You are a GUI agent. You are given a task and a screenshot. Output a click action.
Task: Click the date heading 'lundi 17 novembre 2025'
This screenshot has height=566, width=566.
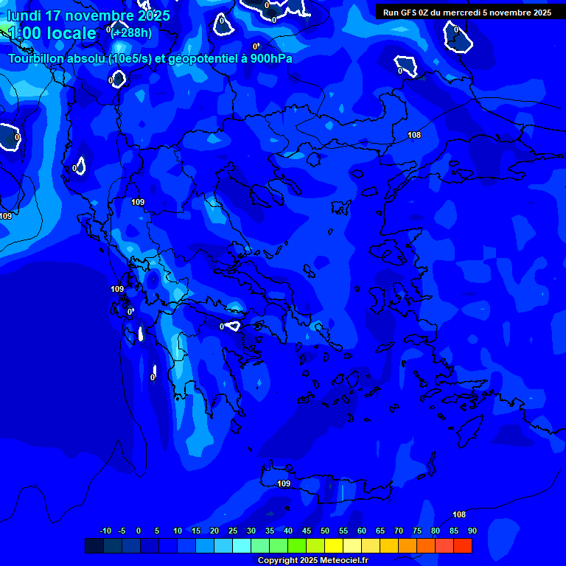pos(88,15)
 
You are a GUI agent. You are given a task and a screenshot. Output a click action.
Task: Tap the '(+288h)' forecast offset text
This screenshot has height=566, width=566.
pos(132,32)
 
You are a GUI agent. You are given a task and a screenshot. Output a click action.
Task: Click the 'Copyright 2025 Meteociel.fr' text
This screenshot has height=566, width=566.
pos(312,561)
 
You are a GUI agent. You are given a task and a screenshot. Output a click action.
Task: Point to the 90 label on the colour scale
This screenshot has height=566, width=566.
pos(472,531)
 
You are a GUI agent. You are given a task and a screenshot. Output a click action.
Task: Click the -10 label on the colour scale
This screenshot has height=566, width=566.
pos(105,531)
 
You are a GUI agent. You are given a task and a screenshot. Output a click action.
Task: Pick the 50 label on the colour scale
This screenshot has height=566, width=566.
pos(325,531)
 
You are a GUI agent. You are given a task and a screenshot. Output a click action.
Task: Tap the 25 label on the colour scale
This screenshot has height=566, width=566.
pos(233,531)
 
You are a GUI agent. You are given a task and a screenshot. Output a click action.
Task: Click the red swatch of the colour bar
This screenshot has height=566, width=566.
pos(462,545)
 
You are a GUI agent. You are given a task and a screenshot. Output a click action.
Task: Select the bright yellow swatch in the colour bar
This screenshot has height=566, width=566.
pos(333,545)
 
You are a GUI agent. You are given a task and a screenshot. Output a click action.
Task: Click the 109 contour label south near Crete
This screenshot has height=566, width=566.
pos(284,483)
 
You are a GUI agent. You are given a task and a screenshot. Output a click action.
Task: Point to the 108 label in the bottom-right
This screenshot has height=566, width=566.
pos(458,514)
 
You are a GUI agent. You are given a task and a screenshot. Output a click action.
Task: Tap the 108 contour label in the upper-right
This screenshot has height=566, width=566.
pos(414,135)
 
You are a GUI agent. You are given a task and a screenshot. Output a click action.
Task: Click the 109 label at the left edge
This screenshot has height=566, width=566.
pos(6,216)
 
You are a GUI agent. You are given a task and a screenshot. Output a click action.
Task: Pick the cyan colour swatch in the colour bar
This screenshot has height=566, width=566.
pos(241,545)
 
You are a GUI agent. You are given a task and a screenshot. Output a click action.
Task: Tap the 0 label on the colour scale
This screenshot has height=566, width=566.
pos(139,531)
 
